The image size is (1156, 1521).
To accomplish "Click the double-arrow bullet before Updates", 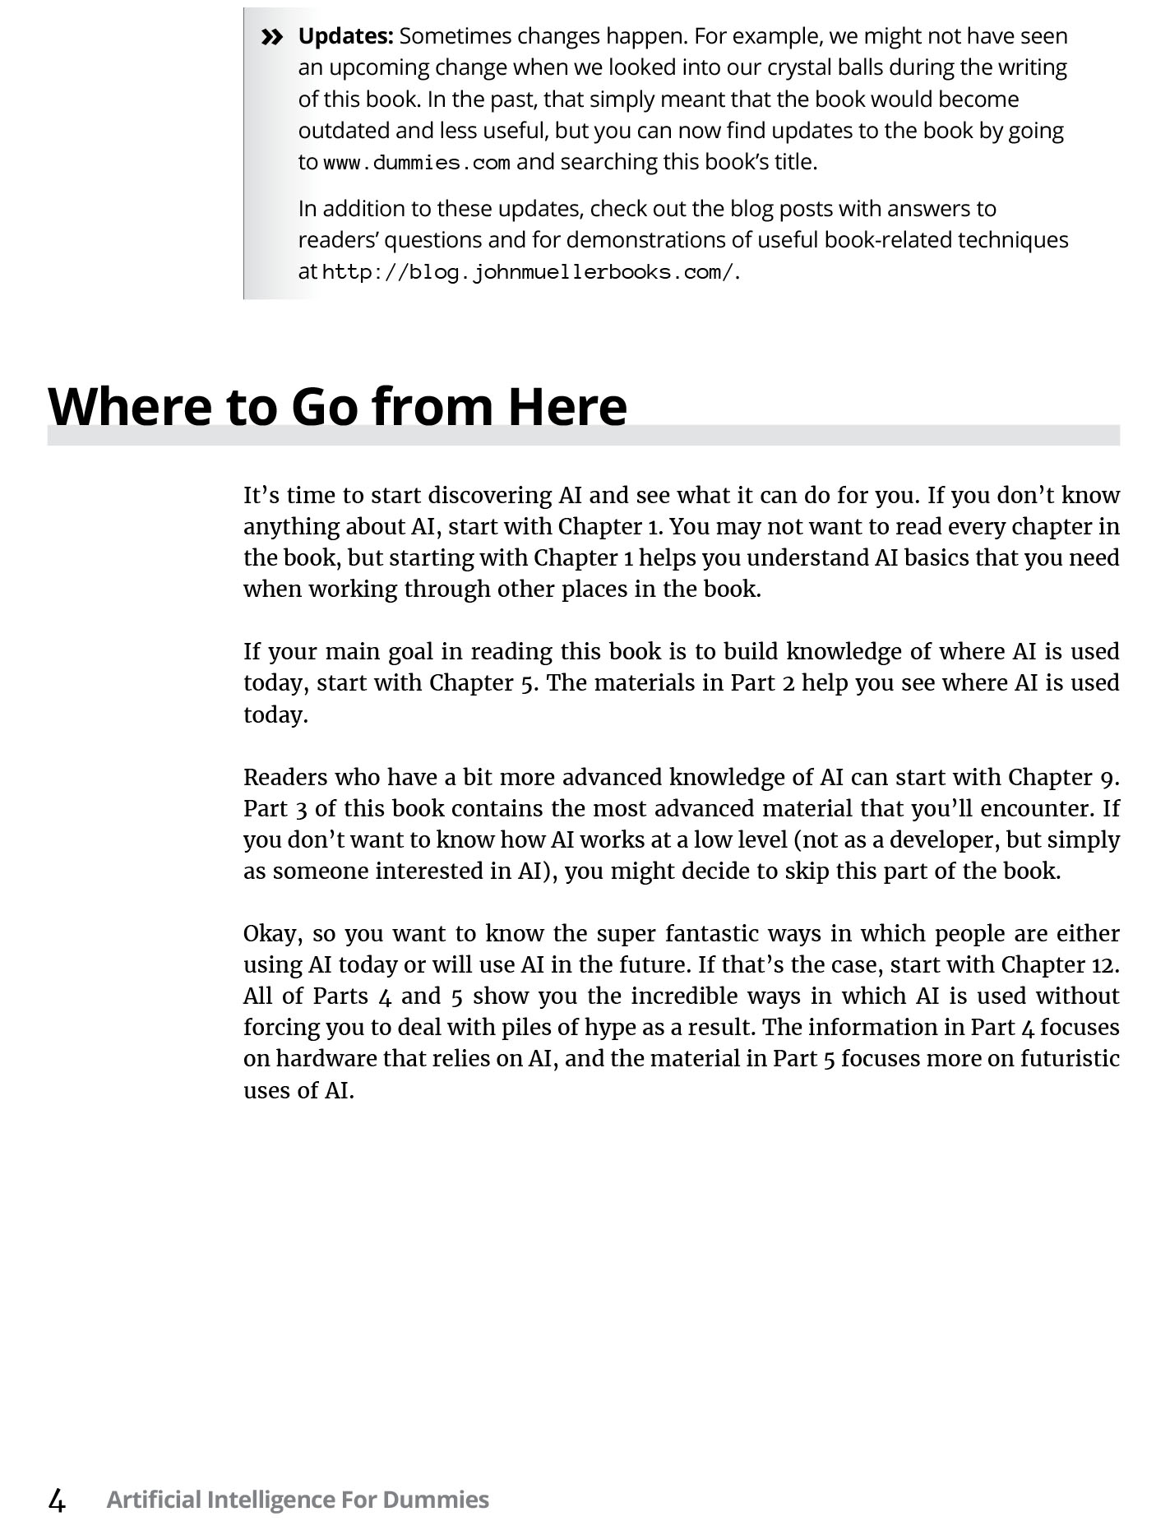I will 271,37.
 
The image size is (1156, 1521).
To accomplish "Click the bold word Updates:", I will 345,36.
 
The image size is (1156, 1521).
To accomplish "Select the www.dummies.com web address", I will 417,163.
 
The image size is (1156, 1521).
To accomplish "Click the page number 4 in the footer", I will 57,1500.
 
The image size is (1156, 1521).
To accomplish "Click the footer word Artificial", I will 154,1500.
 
